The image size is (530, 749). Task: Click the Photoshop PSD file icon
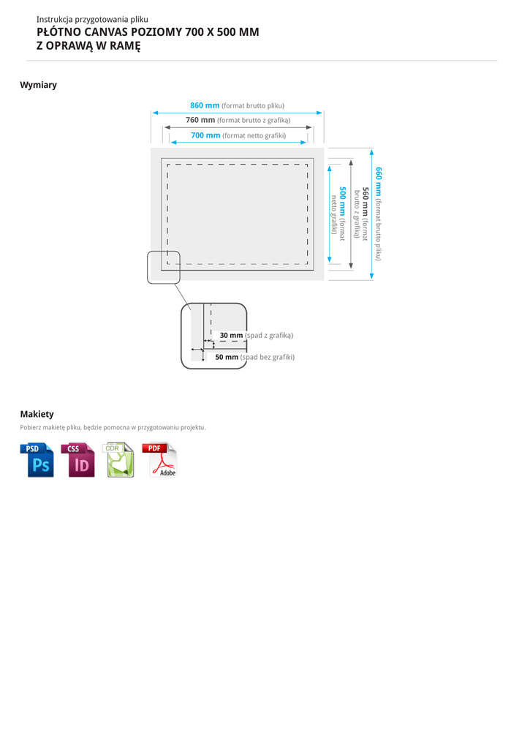(x=37, y=460)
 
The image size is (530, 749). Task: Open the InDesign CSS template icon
(x=77, y=460)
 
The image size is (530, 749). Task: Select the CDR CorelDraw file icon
(x=119, y=460)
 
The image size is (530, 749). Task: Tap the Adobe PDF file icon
(x=160, y=460)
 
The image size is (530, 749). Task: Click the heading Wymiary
(x=38, y=85)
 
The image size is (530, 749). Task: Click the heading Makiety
(x=37, y=414)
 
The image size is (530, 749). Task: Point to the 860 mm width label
(x=205, y=105)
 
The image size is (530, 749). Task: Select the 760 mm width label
(x=200, y=120)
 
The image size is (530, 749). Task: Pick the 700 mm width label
(x=205, y=135)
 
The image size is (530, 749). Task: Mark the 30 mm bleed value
(x=231, y=335)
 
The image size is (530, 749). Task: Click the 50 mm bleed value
(x=227, y=357)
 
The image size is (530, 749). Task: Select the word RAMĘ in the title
(x=123, y=46)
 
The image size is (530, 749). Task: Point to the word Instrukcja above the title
(x=55, y=19)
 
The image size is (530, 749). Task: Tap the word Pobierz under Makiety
(x=30, y=427)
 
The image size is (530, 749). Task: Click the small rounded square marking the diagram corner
(x=164, y=267)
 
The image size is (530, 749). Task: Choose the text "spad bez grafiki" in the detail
(x=268, y=357)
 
